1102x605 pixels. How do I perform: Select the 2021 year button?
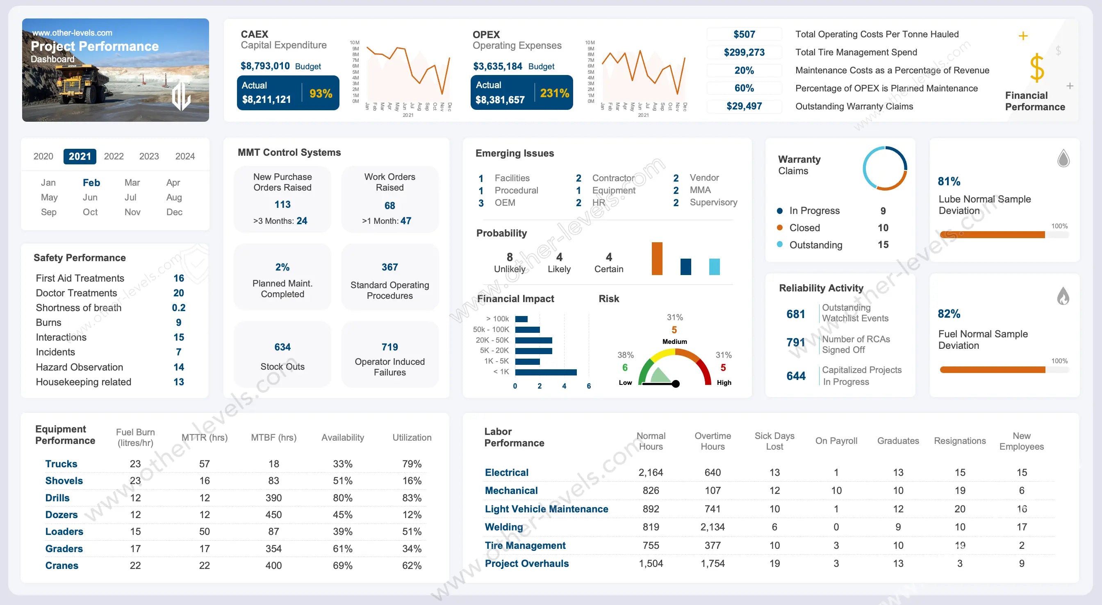(x=80, y=156)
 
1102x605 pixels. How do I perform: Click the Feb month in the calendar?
(x=91, y=183)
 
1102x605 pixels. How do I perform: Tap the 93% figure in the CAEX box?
(x=321, y=93)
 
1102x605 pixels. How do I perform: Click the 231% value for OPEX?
(x=554, y=93)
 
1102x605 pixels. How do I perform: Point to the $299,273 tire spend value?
(x=744, y=52)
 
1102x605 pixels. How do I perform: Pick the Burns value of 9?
(x=178, y=323)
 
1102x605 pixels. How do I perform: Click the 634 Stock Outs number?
(x=282, y=347)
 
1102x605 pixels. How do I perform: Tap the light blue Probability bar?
(x=714, y=266)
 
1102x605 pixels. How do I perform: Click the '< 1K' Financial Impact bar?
(x=545, y=372)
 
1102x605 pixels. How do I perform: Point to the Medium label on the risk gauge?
(x=675, y=341)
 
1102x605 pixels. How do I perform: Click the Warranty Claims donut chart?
(x=884, y=168)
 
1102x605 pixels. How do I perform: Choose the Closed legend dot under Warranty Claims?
(x=779, y=227)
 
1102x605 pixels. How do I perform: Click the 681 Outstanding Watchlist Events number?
(x=795, y=314)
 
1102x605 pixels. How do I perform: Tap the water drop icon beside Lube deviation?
(x=1063, y=158)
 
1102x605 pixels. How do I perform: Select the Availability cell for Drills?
(x=343, y=498)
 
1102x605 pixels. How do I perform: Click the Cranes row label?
(x=61, y=565)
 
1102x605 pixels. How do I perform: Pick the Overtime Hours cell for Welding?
(x=712, y=527)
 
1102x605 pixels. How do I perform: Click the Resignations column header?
(x=960, y=441)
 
